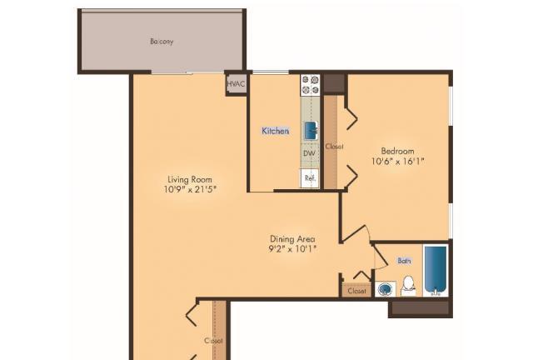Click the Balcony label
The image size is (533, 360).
tap(162, 42)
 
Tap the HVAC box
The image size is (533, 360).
tap(236, 83)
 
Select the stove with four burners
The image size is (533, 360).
tap(311, 85)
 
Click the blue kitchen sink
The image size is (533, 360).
tap(311, 131)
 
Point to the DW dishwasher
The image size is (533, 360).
tap(309, 153)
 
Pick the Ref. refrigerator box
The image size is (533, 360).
tap(310, 178)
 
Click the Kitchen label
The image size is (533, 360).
tap(276, 131)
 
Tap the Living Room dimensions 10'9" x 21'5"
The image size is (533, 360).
tap(190, 189)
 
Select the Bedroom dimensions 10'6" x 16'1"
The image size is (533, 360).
tap(398, 161)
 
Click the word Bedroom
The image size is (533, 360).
tap(398, 151)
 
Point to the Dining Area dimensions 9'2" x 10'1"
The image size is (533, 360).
tap(292, 248)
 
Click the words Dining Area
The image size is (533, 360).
tap(292, 239)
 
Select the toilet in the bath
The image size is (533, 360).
tap(408, 286)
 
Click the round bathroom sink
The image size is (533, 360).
tap(386, 289)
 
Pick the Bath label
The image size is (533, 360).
tap(404, 261)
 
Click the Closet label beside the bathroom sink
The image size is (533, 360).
tap(357, 291)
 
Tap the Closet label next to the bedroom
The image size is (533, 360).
tap(334, 147)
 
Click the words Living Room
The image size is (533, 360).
tap(190, 179)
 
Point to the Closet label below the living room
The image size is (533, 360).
tap(213, 340)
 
